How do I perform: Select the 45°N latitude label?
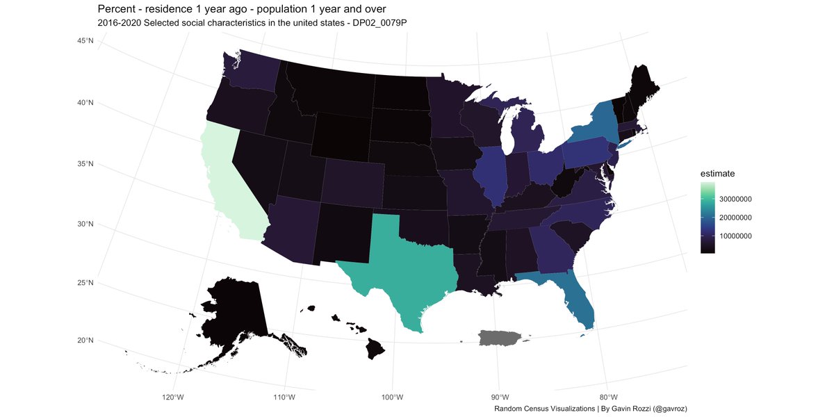85,42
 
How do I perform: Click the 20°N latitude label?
85,341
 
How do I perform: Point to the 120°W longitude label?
172,397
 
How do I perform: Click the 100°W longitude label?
393,397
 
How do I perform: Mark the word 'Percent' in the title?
117,8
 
